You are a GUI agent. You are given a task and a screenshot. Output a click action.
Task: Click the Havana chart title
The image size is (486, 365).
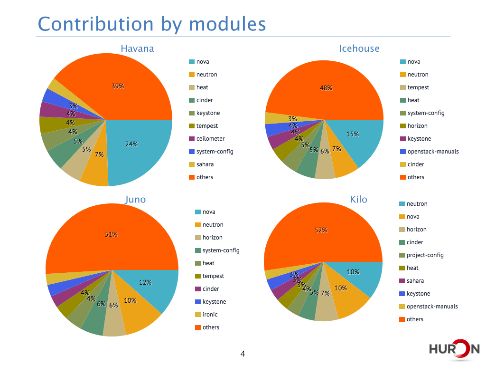click(x=137, y=48)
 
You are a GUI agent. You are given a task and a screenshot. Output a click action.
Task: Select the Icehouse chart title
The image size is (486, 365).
click(x=359, y=48)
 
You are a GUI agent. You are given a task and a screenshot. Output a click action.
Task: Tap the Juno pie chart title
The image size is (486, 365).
click(x=135, y=200)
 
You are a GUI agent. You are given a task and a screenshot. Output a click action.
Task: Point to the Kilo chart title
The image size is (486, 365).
click(x=359, y=199)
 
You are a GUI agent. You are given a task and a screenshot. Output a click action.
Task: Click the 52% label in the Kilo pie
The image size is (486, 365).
click(x=321, y=230)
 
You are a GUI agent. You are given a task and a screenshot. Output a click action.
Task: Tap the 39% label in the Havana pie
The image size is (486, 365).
click(x=118, y=86)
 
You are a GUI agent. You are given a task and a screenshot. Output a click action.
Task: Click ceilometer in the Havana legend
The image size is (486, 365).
click(x=210, y=138)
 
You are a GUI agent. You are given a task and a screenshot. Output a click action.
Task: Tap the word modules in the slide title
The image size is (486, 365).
click(x=227, y=24)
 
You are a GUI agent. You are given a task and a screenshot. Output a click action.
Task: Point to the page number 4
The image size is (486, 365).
click(x=243, y=354)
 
